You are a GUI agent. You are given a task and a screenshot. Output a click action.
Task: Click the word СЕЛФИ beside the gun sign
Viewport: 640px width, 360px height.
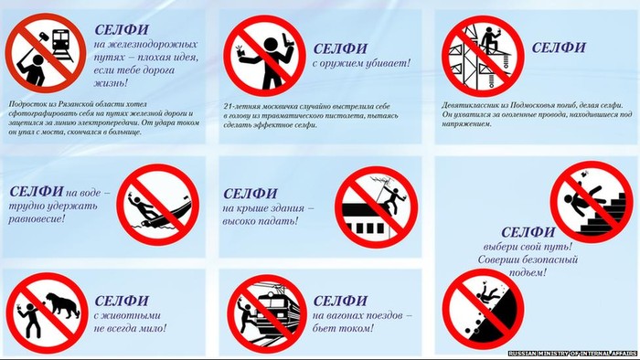click(x=342, y=48)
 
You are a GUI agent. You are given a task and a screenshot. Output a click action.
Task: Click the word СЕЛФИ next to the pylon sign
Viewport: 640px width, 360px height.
click(x=559, y=48)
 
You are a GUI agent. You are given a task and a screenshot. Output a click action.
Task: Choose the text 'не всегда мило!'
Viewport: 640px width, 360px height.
click(x=131, y=327)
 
